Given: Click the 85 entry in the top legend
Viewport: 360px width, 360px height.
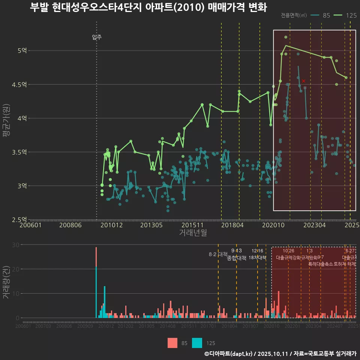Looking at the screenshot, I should (326, 15).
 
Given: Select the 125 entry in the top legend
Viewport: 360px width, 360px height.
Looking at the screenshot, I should (351, 15).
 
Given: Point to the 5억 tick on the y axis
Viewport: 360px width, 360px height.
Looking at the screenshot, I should (22, 51).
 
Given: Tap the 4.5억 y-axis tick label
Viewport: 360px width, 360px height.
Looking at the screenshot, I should (19, 84).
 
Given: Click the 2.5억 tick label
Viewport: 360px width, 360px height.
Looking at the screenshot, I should (19, 219).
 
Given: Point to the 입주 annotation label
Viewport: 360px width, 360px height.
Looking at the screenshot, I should (97, 37).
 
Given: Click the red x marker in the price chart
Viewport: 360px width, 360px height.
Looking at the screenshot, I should (303, 81).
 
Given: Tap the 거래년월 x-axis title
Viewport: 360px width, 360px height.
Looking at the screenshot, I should (193, 233).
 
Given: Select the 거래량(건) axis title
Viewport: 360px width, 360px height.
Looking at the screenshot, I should (6, 282).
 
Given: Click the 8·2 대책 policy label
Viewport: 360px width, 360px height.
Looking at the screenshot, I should (218, 254).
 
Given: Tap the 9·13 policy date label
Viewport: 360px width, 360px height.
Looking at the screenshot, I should (237, 250).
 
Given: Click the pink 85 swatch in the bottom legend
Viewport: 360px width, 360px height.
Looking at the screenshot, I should (172, 343).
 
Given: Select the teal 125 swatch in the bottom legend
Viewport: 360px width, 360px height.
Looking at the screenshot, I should (197, 343).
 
